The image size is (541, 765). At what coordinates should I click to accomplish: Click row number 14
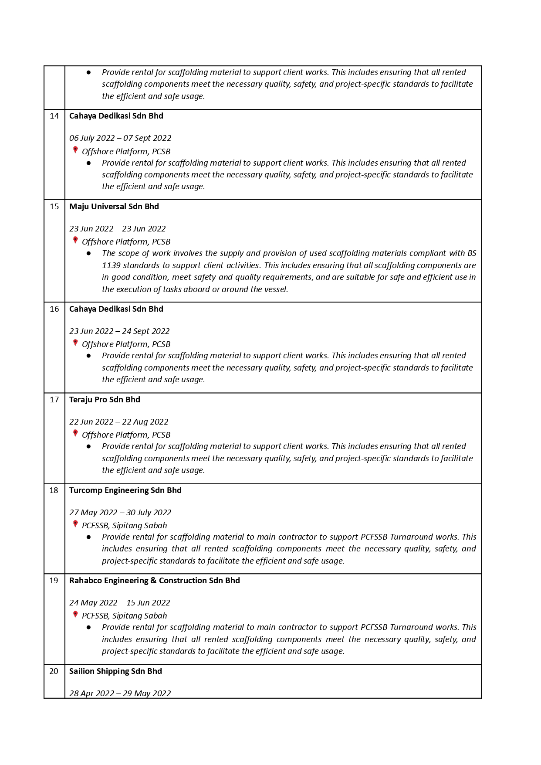54,116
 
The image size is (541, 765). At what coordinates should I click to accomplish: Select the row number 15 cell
54,207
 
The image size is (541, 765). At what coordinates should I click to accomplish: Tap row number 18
54,490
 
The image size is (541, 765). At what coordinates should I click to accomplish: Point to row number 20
54,671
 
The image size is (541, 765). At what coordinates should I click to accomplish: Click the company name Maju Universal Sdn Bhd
114,207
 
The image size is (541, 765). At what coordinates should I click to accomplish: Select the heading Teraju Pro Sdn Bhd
105,400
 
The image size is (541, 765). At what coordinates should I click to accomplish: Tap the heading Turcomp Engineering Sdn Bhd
125,490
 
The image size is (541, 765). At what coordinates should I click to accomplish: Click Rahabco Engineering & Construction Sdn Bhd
155,581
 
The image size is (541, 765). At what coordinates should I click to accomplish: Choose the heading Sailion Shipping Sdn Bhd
115,671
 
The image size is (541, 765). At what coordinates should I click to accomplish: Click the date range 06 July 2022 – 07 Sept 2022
120,138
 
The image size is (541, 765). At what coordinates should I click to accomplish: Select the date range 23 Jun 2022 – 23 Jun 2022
118,229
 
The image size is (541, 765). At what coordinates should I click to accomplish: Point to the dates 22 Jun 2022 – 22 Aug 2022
119,422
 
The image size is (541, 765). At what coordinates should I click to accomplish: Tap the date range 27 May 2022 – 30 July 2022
120,513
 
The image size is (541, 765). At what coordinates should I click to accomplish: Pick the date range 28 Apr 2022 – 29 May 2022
120,694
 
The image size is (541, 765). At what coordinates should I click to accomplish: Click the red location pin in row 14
75,150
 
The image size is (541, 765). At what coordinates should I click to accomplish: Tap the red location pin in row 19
75,615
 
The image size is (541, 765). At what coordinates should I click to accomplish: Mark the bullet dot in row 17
89,446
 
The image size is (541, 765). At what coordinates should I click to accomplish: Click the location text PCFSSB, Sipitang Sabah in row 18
125,526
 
